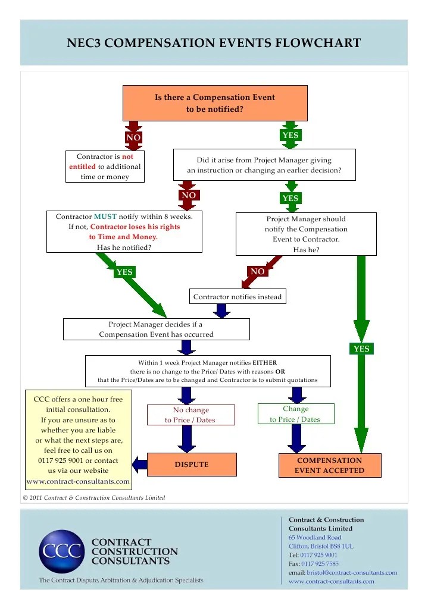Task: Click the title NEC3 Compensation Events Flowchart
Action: [214, 43]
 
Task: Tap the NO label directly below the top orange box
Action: [133, 138]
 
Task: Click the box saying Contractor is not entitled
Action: [105, 167]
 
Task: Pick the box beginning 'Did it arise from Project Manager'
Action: [264, 165]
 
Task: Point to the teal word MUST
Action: [105, 217]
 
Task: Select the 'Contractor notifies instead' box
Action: [238, 296]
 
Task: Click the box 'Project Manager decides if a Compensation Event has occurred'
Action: [156, 329]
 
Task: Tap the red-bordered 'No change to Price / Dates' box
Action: [190, 415]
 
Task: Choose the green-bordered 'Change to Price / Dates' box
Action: [295, 413]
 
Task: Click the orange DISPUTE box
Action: [191, 465]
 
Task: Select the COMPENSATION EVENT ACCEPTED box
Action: [329, 465]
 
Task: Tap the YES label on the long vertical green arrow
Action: [361, 349]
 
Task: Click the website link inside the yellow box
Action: [78, 481]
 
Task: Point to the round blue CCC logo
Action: [62, 551]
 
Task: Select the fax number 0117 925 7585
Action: [320, 563]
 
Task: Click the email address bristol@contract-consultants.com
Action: [351, 572]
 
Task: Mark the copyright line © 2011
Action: [94, 498]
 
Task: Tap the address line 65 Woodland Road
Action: [315, 537]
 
